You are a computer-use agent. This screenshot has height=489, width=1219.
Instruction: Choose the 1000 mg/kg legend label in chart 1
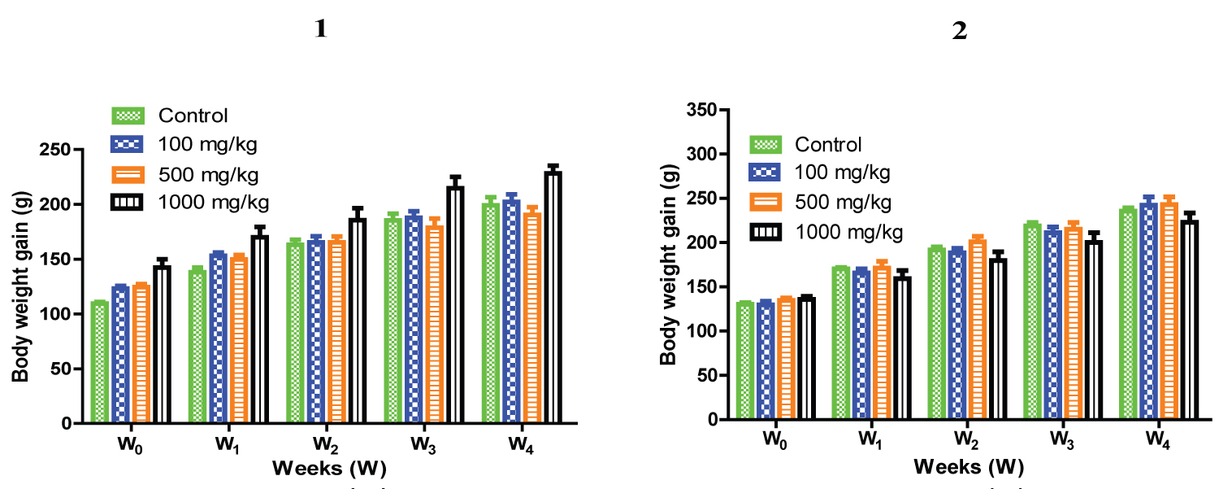point(213,201)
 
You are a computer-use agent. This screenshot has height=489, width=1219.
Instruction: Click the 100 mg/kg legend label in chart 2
point(843,172)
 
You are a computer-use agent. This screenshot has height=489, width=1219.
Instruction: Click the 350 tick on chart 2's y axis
point(727,110)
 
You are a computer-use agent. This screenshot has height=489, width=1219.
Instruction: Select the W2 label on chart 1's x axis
point(323,444)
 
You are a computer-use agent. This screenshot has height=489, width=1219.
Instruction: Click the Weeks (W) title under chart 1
point(329,469)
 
